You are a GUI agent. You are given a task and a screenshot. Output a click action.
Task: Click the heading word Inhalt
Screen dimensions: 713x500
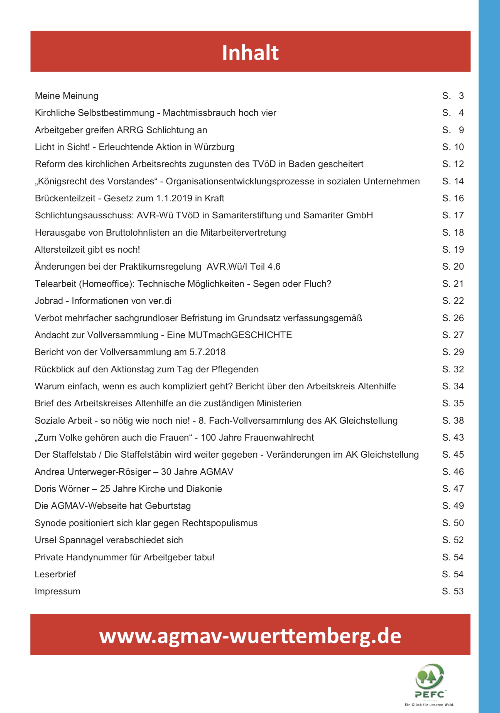tap(250, 52)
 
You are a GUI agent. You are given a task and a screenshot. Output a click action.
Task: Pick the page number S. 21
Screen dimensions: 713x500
tap(453, 284)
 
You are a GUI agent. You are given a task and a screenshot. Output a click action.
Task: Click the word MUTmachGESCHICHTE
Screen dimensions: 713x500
tap(229, 335)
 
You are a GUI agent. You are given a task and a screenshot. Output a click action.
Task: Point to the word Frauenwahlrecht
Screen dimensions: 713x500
tap(279, 438)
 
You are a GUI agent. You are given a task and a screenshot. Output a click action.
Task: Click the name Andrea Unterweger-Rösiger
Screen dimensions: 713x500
tap(93, 472)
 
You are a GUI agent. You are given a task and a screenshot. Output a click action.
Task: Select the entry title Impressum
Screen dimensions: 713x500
tap(57, 591)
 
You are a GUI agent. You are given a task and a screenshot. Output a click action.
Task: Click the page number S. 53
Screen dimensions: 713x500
tap(453, 591)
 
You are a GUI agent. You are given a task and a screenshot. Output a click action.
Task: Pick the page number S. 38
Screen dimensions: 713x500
tap(453, 421)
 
